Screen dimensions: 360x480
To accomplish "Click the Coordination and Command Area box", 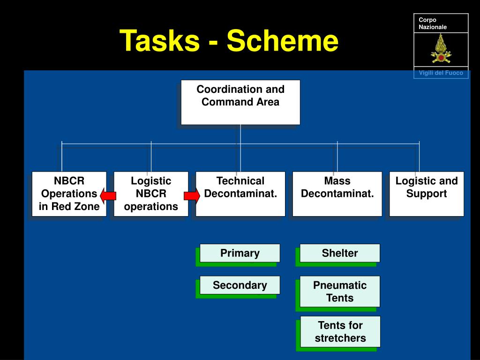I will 240,102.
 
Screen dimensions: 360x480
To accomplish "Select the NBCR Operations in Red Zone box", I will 69,194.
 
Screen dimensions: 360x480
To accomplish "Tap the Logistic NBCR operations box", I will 151,194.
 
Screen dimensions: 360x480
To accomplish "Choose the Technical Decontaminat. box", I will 240,194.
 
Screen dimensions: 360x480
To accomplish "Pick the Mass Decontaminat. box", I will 337,194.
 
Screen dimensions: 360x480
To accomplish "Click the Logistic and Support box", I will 427,194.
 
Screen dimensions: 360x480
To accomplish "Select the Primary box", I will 240,253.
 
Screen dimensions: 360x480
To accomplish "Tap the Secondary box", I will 240,285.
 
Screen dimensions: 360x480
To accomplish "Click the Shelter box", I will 340,253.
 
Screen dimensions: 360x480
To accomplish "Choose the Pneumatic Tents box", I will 340,292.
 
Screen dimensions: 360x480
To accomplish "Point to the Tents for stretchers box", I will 340,331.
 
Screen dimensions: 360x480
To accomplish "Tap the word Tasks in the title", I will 159,41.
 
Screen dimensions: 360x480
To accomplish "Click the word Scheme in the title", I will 282,41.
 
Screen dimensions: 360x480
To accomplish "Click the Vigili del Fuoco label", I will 441,73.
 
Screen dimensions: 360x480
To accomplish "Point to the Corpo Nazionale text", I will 432,23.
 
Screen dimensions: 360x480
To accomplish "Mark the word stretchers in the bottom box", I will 340,338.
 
